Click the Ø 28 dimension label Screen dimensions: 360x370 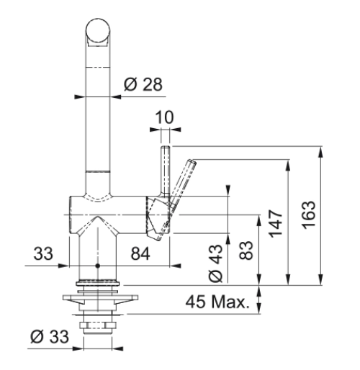tap(143, 84)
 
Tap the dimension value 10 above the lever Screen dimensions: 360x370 tap(164, 117)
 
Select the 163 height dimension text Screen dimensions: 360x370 tap(308, 215)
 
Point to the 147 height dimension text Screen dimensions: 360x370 tap(276, 224)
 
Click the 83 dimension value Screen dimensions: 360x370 tap(246, 251)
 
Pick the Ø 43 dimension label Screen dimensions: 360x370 tap(216, 263)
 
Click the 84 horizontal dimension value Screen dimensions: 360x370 tap(140, 253)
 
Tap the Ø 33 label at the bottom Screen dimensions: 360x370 tap(50, 336)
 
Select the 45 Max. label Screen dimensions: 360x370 tap(217, 302)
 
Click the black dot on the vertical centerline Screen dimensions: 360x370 tap(97, 266)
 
